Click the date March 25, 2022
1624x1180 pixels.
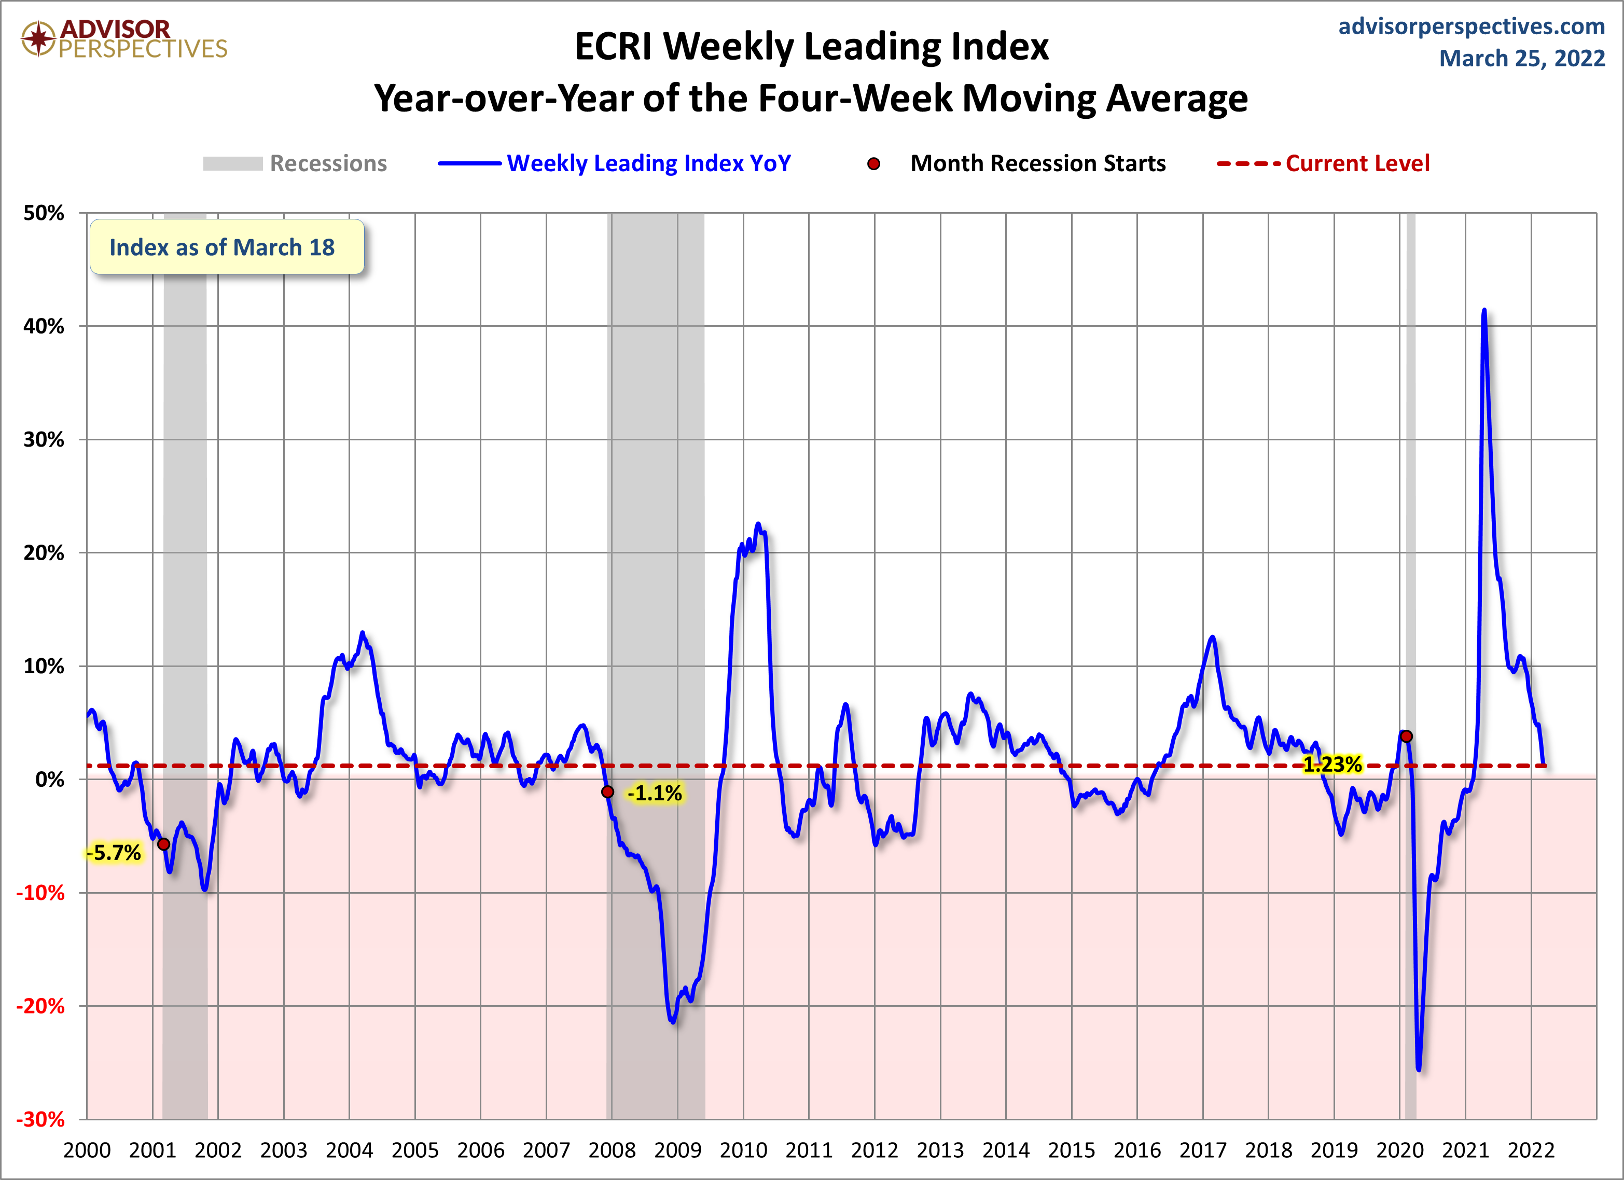[x=1522, y=58]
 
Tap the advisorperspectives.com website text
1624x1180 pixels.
[x=1472, y=26]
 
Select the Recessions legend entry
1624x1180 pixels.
[x=295, y=163]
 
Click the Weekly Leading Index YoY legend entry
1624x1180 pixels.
[x=614, y=163]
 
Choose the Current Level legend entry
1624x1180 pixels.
[x=1323, y=163]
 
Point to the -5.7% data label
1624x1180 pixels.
[x=114, y=853]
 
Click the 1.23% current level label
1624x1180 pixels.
[x=1332, y=765]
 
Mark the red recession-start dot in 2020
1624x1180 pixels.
[x=1406, y=736]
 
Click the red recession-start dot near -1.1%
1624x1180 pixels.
[x=608, y=792]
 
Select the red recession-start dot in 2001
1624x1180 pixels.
[x=164, y=844]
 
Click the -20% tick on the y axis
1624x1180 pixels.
[x=40, y=1007]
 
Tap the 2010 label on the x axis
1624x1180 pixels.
[x=743, y=1150]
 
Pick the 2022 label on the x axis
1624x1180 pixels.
[x=1531, y=1150]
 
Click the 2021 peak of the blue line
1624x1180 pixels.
[x=1483, y=310]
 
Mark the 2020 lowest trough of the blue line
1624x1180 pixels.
[x=1419, y=1070]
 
